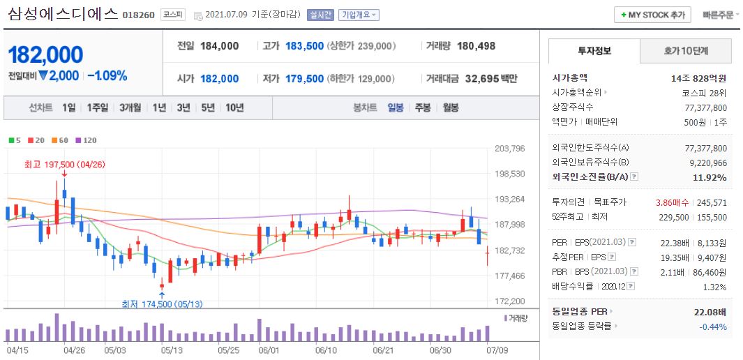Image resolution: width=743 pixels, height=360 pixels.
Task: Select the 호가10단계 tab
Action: pyautogui.click(x=687, y=51)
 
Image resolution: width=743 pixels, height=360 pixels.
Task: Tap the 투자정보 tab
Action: pyautogui.click(x=594, y=51)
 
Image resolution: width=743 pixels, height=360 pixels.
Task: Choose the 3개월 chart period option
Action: pyautogui.click(x=130, y=107)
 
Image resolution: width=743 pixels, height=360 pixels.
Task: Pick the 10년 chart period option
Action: pyautogui.click(x=234, y=107)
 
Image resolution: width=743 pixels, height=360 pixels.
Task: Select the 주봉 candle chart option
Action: pyautogui.click(x=423, y=107)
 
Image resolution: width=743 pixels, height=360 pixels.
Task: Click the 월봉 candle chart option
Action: pyautogui.click(x=451, y=107)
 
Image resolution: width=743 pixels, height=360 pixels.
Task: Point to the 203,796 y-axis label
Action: pyautogui.click(x=509, y=148)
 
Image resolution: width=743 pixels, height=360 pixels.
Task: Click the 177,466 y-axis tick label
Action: pyautogui.click(x=509, y=276)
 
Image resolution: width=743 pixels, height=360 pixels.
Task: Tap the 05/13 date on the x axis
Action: pyautogui.click(x=172, y=350)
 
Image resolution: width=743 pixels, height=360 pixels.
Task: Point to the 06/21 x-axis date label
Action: pyautogui.click(x=383, y=350)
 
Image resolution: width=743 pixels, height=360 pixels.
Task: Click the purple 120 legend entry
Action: pyautogui.click(x=86, y=140)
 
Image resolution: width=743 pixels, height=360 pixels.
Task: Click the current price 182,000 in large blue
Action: pyautogui.click(x=45, y=55)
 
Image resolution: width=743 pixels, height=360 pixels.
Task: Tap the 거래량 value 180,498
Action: pyautogui.click(x=476, y=46)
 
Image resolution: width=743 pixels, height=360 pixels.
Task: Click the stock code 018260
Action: pyautogui.click(x=138, y=15)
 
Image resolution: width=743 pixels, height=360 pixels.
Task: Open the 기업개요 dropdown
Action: pyautogui.click(x=359, y=15)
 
